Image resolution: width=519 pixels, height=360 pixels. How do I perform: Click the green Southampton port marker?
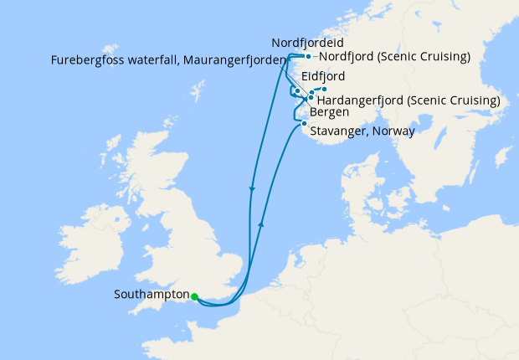click(x=193, y=296)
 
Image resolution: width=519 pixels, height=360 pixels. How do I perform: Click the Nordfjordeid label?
click(x=308, y=42)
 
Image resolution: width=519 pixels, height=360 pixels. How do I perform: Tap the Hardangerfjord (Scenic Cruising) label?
click(x=409, y=100)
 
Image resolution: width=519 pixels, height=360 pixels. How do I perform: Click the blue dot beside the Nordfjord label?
click(x=308, y=57)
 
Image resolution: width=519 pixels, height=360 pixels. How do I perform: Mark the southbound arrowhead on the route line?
click(x=251, y=189)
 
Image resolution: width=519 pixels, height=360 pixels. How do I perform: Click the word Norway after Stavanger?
click(x=395, y=131)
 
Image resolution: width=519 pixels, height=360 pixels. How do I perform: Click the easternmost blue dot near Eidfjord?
click(x=325, y=90)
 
